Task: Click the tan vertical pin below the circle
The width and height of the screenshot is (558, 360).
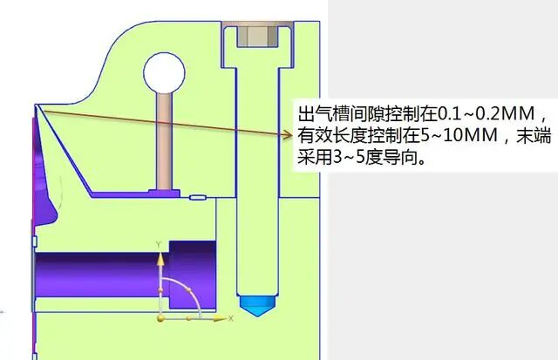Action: tap(163, 139)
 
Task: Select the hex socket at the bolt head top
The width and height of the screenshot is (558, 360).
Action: tap(258, 35)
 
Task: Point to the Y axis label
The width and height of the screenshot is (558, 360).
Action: tap(158, 243)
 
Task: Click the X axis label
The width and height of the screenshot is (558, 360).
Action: tap(230, 319)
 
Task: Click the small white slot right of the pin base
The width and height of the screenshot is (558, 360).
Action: tap(196, 198)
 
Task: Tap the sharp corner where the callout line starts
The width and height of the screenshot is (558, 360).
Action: tap(37, 106)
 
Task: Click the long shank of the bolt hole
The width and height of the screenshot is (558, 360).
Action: tap(258, 174)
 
